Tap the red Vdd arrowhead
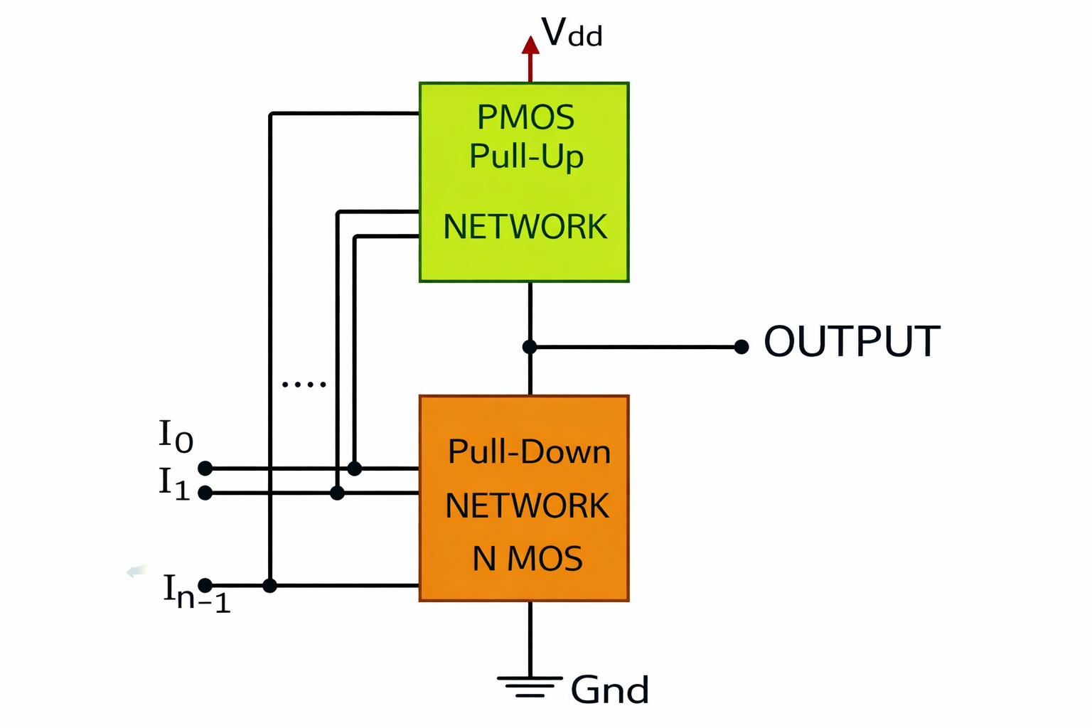530,45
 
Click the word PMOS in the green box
525,117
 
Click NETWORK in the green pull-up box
525,227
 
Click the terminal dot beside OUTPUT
742,347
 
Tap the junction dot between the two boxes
530,347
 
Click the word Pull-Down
529,451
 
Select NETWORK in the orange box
527,505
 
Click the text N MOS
528,559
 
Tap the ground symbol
530,687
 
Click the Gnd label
610,690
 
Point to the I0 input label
176,435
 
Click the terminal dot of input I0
205,468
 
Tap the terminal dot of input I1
205,493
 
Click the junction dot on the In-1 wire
269,585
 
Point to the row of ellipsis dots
304,385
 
